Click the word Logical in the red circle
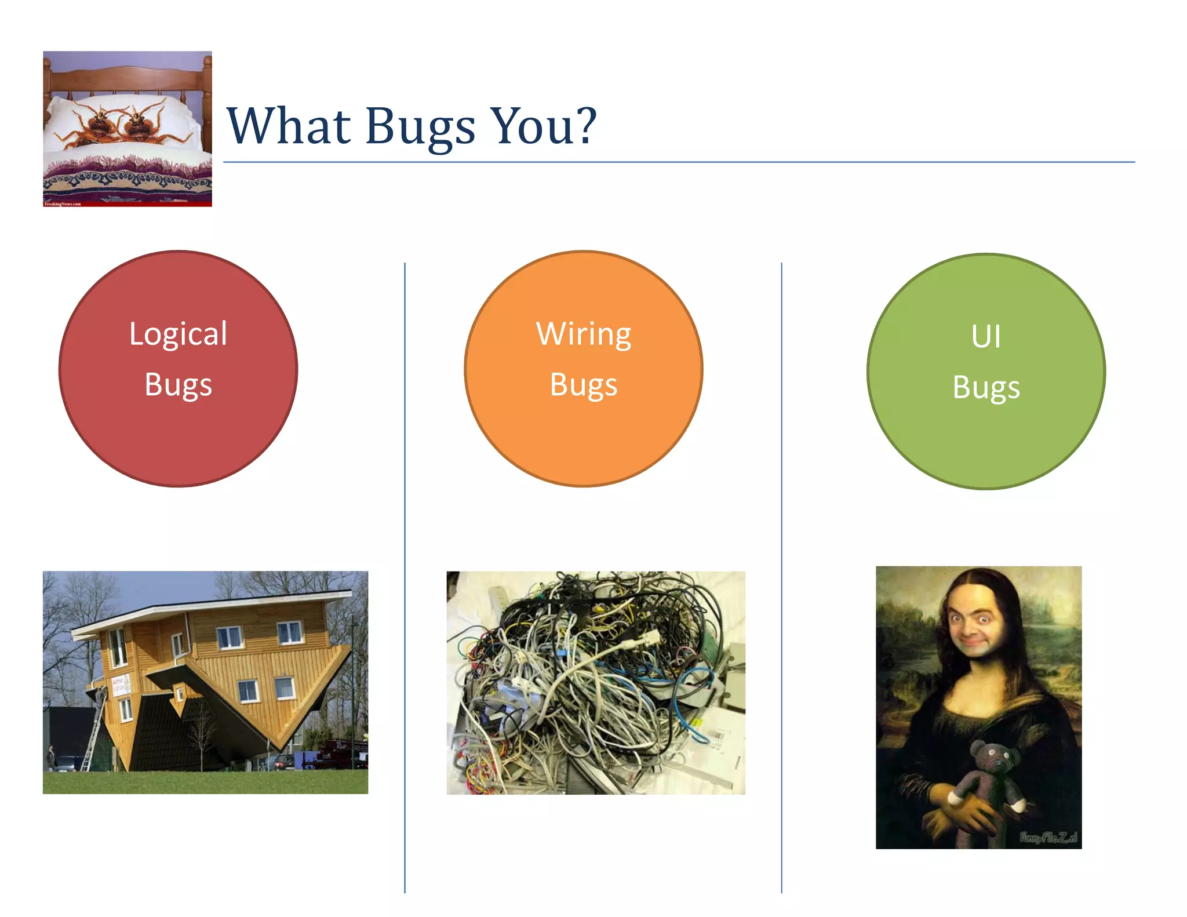pos(178,334)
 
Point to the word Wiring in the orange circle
pos(583,334)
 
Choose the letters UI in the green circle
pos(985,336)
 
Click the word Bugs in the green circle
pos(985,387)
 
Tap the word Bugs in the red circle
pos(178,385)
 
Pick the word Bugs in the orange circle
pos(583,385)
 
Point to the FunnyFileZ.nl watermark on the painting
pos(1048,837)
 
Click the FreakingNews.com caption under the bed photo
pos(63,204)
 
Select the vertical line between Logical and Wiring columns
pos(405,580)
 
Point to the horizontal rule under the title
pos(678,162)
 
